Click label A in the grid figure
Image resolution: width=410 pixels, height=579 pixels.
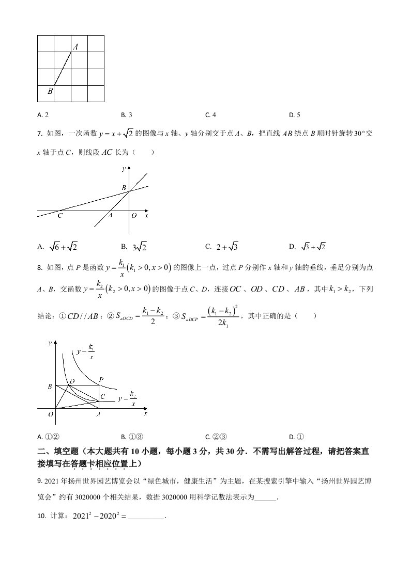(75, 47)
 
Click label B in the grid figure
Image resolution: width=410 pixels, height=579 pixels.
(50, 91)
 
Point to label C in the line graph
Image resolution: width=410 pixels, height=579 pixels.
(60, 216)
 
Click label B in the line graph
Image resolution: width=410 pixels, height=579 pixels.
(124, 188)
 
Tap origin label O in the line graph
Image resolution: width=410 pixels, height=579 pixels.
(134, 216)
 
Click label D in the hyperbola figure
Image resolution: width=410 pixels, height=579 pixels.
(72, 381)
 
